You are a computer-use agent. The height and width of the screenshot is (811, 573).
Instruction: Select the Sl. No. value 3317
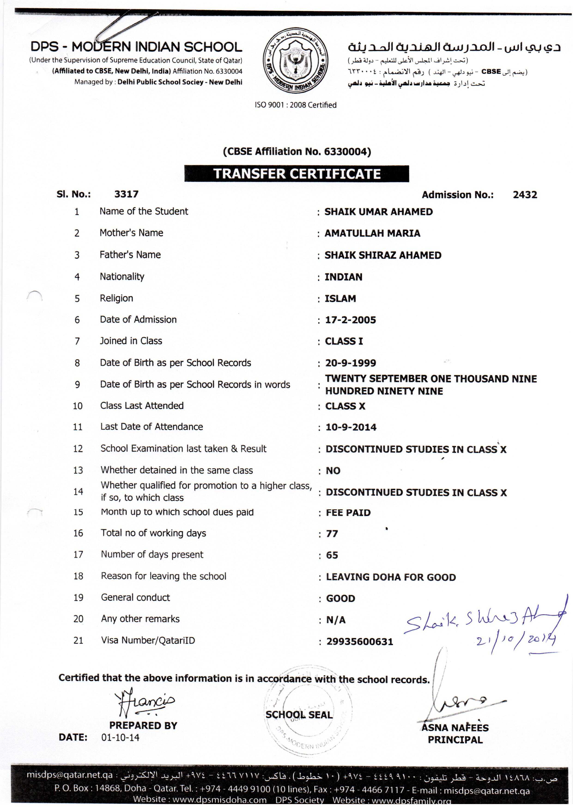[126, 194]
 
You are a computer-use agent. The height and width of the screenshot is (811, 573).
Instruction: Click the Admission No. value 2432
[525, 195]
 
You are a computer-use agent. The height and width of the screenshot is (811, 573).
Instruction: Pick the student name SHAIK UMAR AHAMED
[378, 212]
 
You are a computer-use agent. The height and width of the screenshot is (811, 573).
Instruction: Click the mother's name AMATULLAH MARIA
[372, 234]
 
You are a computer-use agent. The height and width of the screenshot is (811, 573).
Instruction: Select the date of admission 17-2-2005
[350, 320]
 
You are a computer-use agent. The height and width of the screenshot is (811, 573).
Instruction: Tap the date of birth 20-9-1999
[350, 363]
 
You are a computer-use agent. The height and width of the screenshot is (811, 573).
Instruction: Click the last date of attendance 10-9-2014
[351, 427]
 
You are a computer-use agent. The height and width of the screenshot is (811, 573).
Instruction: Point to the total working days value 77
[332, 534]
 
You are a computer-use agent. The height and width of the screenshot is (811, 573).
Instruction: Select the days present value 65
[332, 555]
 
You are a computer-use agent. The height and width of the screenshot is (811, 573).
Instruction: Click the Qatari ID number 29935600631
[359, 642]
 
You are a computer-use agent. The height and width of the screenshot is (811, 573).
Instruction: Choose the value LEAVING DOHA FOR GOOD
[391, 577]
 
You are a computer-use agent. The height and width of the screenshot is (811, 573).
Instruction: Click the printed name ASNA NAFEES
[455, 728]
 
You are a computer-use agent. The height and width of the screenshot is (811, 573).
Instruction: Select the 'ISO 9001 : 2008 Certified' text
[296, 105]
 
